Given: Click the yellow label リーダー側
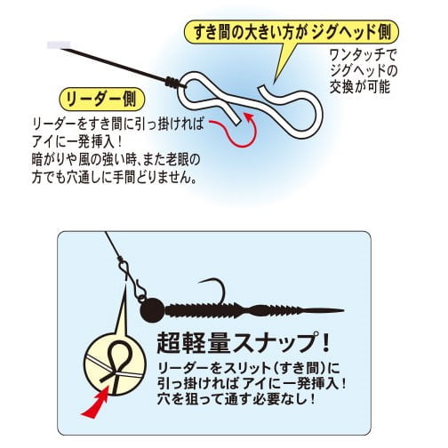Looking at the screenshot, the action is click(x=102, y=99).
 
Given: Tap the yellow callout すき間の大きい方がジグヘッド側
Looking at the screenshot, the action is click(x=292, y=32).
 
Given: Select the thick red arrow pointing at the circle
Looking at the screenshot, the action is click(x=95, y=404).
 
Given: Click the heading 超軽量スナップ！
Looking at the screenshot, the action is click(x=243, y=342).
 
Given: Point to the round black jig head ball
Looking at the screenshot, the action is click(x=152, y=310).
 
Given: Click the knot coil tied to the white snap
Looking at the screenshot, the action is click(x=172, y=81).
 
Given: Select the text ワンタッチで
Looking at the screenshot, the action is click(x=363, y=55).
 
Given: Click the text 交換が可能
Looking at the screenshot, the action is click(x=360, y=87).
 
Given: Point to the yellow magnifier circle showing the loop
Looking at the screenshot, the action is click(x=115, y=364).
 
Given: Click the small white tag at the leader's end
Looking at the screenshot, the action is click(x=59, y=44).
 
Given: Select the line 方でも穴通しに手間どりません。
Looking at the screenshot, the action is click(x=115, y=178).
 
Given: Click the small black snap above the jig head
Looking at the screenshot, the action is click(x=132, y=278).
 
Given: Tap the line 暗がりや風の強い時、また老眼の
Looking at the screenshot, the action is click(x=116, y=161).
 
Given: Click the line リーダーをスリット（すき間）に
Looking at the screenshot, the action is click(x=248, y=368).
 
